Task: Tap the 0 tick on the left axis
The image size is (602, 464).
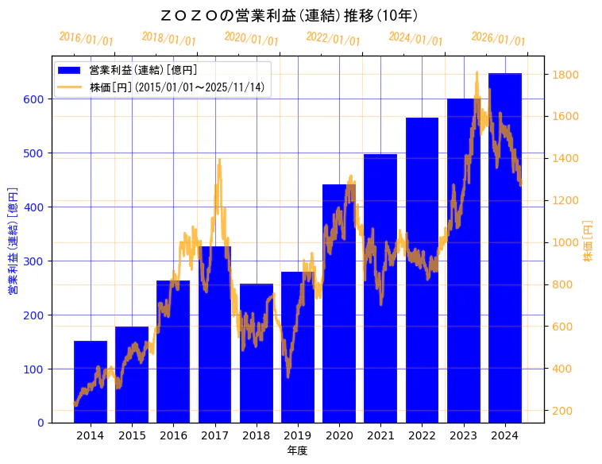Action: tap(41, 423)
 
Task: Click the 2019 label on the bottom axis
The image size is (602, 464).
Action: tap(298, 435)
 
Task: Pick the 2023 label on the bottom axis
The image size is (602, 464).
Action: tap(464, 435)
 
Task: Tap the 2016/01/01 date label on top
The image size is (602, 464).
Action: tap(87, 39)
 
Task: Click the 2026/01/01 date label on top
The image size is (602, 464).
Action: tap(498, 39)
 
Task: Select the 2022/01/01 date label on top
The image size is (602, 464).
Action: tap(333, 39)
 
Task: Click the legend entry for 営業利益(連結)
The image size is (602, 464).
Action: tap(143, 71)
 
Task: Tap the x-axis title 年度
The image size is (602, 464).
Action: tap(298, 450)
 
